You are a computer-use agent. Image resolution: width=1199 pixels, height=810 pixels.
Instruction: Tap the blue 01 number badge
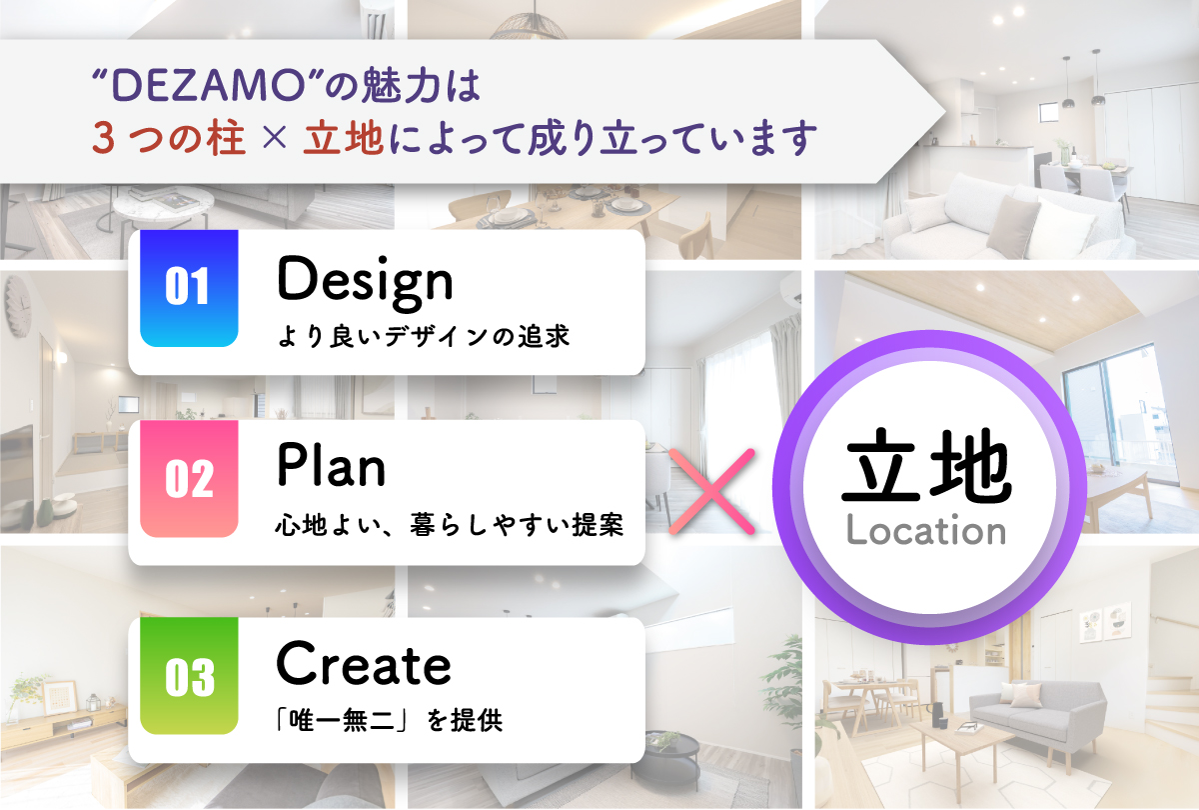click(189, 288)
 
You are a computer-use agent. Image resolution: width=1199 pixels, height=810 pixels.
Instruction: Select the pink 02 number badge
click(189, 478)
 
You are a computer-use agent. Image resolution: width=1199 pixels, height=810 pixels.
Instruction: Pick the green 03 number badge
click(189, 676)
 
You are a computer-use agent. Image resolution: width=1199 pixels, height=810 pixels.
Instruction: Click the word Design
click(365, 283)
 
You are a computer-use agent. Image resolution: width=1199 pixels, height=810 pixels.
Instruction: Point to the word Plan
click(332, 465)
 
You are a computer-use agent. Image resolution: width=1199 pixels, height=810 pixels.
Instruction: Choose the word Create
click(364, 664)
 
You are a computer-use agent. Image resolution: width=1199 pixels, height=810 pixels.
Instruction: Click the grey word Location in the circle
click(926, 530)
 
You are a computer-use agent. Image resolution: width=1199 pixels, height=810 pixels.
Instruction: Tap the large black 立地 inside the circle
click(926, 465)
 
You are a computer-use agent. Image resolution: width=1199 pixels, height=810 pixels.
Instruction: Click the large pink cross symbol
click(711, 491)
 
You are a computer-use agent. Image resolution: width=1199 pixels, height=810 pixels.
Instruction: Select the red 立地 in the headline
click(343, 138)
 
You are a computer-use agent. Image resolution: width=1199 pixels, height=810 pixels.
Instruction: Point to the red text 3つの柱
click(169, 138)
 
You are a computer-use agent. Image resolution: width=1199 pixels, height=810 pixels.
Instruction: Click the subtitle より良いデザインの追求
click(424, 336)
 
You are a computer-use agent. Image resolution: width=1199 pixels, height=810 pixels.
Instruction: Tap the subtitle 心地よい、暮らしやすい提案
click(450, 525)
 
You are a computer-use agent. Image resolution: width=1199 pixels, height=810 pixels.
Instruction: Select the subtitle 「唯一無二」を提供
click(389, 720)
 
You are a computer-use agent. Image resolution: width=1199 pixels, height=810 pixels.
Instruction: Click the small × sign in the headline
click(275, 138)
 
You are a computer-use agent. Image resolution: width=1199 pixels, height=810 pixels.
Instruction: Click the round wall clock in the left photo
click(18, 306)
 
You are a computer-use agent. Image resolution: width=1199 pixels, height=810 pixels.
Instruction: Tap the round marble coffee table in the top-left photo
click(163, 205)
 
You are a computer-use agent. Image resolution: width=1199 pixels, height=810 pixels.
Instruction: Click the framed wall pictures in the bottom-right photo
click(1105, 621)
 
